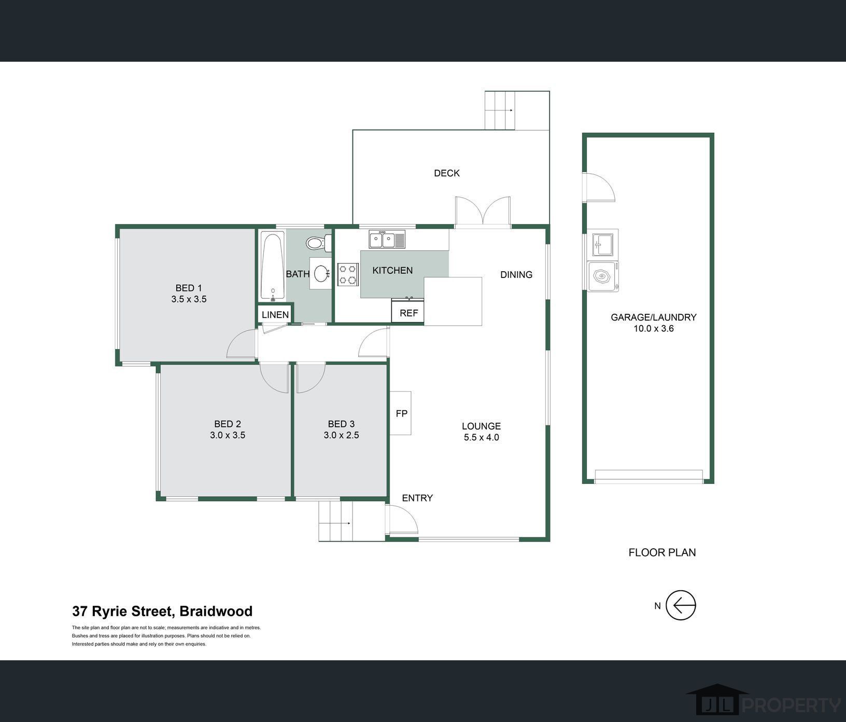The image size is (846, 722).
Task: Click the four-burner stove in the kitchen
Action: [348, 274]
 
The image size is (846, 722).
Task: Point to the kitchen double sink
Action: [387, 240]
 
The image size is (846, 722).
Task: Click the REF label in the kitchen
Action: [408, 313]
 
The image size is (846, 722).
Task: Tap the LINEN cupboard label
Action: [275, 315]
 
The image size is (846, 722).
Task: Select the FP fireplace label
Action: [402, 413]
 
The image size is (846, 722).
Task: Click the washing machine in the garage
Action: [603, 276]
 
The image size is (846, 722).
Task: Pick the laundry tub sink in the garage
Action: [603, 244]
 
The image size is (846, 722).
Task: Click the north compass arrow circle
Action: [681, 605]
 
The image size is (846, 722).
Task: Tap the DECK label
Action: [447, 173]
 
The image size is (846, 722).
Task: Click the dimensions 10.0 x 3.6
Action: [654, 328]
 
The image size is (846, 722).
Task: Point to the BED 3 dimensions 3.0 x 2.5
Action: [341, 435]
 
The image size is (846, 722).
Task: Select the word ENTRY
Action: [417, 498]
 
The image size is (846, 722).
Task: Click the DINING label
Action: [516, 275]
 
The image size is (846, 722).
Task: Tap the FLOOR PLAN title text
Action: [662, 552]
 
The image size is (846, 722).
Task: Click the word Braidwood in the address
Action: [216, 612]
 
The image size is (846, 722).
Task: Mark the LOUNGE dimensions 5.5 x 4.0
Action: [481, 437]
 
